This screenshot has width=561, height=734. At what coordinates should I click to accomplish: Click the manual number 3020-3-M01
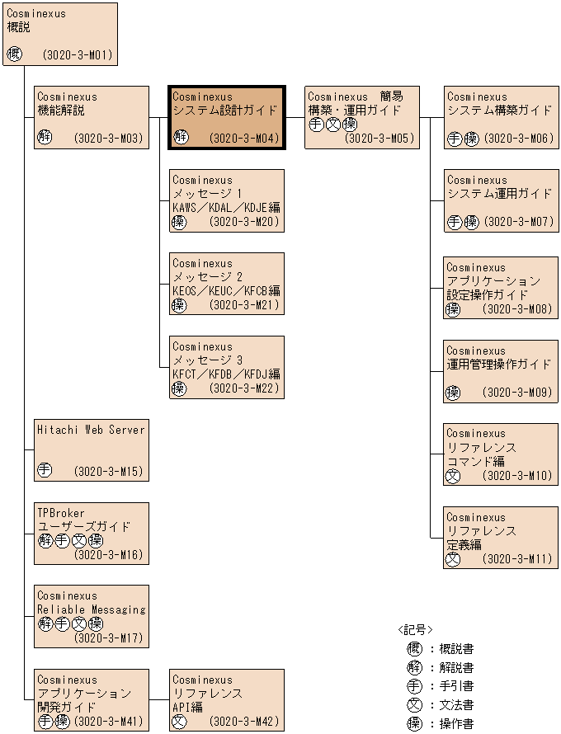(x=77, y=56)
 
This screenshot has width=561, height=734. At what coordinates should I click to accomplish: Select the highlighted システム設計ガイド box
(x=227, y=118)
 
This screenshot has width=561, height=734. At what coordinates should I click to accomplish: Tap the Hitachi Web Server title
(x=91, y=430)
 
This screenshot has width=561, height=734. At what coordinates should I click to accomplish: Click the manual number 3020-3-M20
(x=245, y=222)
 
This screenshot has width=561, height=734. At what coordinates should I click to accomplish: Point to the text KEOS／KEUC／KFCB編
(x=226, y=291)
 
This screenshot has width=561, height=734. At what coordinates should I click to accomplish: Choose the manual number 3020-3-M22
(x=245, y=388)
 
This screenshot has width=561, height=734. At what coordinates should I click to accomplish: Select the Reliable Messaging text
(x=91, y=609)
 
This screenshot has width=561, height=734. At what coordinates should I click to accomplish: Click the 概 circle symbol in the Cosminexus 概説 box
(x=14, y=55)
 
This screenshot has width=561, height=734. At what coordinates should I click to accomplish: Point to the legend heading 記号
(x=415, y=629)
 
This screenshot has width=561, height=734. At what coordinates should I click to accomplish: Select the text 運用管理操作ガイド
(x=498, y=365)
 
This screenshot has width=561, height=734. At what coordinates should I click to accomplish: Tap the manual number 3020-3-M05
(x=379, y=139)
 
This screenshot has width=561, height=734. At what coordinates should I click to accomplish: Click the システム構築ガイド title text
(x=499, y=110)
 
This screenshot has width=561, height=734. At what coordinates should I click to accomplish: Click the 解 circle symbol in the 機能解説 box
(x=45, y=138)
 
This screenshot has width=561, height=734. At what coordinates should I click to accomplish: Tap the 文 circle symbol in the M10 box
(x=453, y=476)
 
